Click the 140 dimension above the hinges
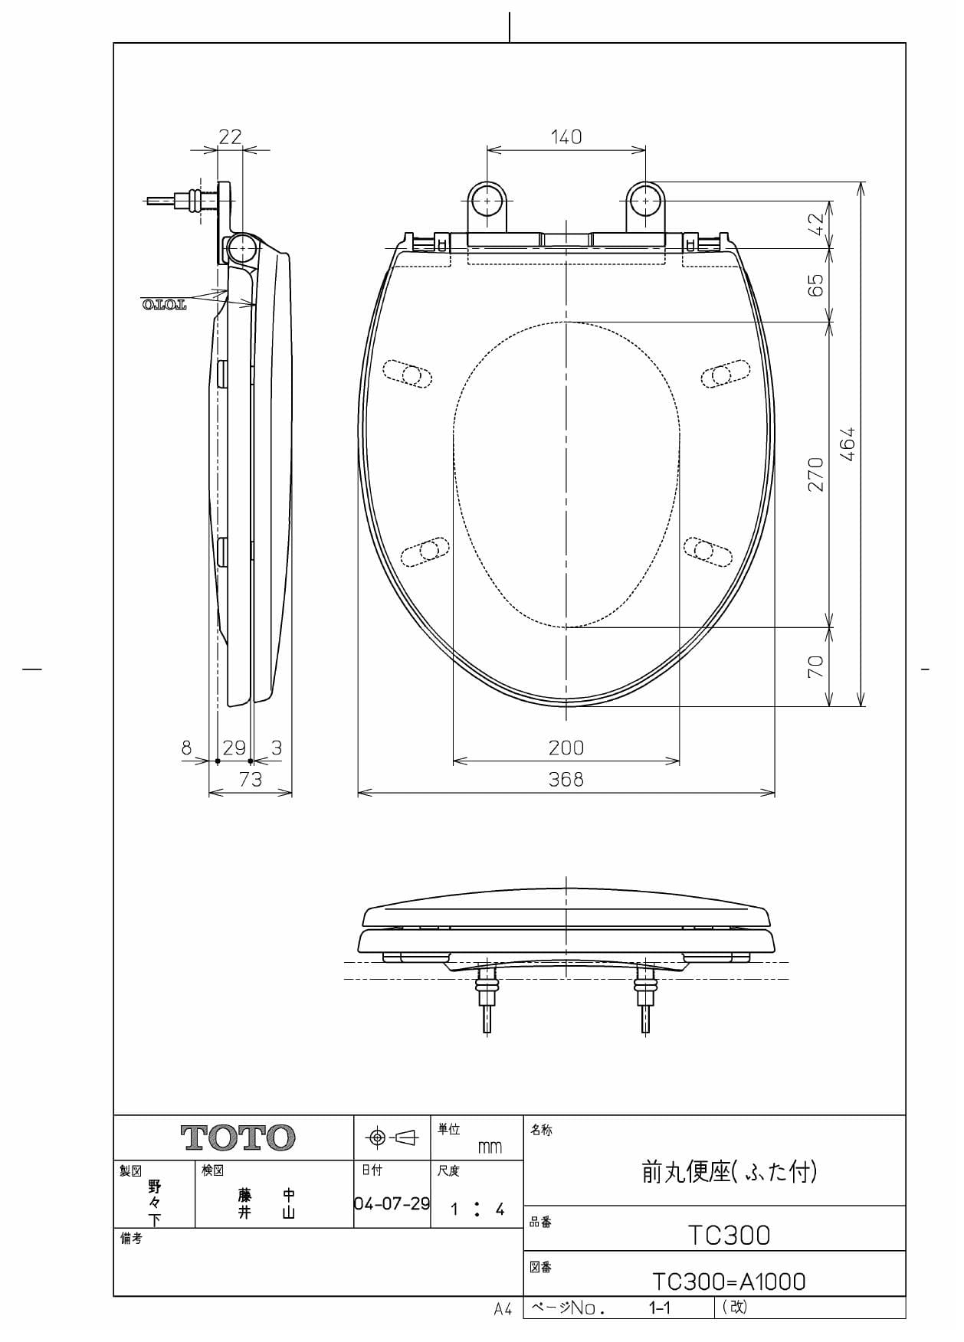(x=566, y=137)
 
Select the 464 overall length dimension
(x=848, y=444)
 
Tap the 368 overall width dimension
(x=566, y=779)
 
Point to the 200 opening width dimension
(x=566, y=748)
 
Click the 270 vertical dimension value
(x=816, y=475)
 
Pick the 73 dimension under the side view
(x=251, y=779)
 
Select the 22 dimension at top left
(x=230, y=137)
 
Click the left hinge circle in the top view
(x=487, y=201)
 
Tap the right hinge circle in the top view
(x=646, y=201)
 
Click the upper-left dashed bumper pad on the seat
(x=407, y=374)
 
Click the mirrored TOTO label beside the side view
(x=164, y=306)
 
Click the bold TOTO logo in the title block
(x=238, y=1138)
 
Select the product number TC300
(x=728, y=1235)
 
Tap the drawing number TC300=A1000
(x=728, y=1281)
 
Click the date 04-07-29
(x=392, y=1203)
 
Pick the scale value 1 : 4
(x=477, y=1210)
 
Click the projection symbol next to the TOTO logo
(x=392, y=1138)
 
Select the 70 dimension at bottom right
(x=816, y=666)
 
